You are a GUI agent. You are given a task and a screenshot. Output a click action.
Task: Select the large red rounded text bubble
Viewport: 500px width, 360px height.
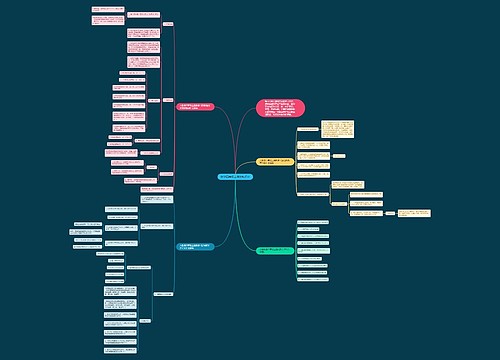click(281, 108)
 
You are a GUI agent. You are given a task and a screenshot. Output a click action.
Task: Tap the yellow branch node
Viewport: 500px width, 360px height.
click(275, 162)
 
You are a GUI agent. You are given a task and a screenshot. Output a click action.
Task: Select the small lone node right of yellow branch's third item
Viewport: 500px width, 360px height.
click(338, 155)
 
